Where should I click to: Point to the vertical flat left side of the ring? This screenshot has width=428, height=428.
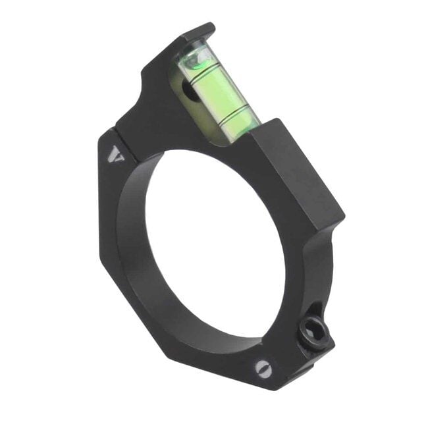coord(105,211)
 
